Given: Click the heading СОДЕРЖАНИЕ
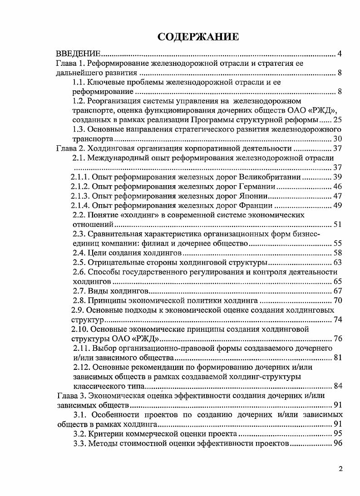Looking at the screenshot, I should point(198,37).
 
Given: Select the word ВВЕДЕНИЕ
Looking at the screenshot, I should point(78,55).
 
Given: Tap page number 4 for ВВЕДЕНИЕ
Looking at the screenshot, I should point(340,55).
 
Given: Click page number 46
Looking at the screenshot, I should point(337,187).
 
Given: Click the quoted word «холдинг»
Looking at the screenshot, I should point(143,215).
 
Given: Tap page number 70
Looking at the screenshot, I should point(337,300).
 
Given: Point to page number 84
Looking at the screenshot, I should point(337,386).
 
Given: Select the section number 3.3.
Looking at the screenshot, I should point(80,443).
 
